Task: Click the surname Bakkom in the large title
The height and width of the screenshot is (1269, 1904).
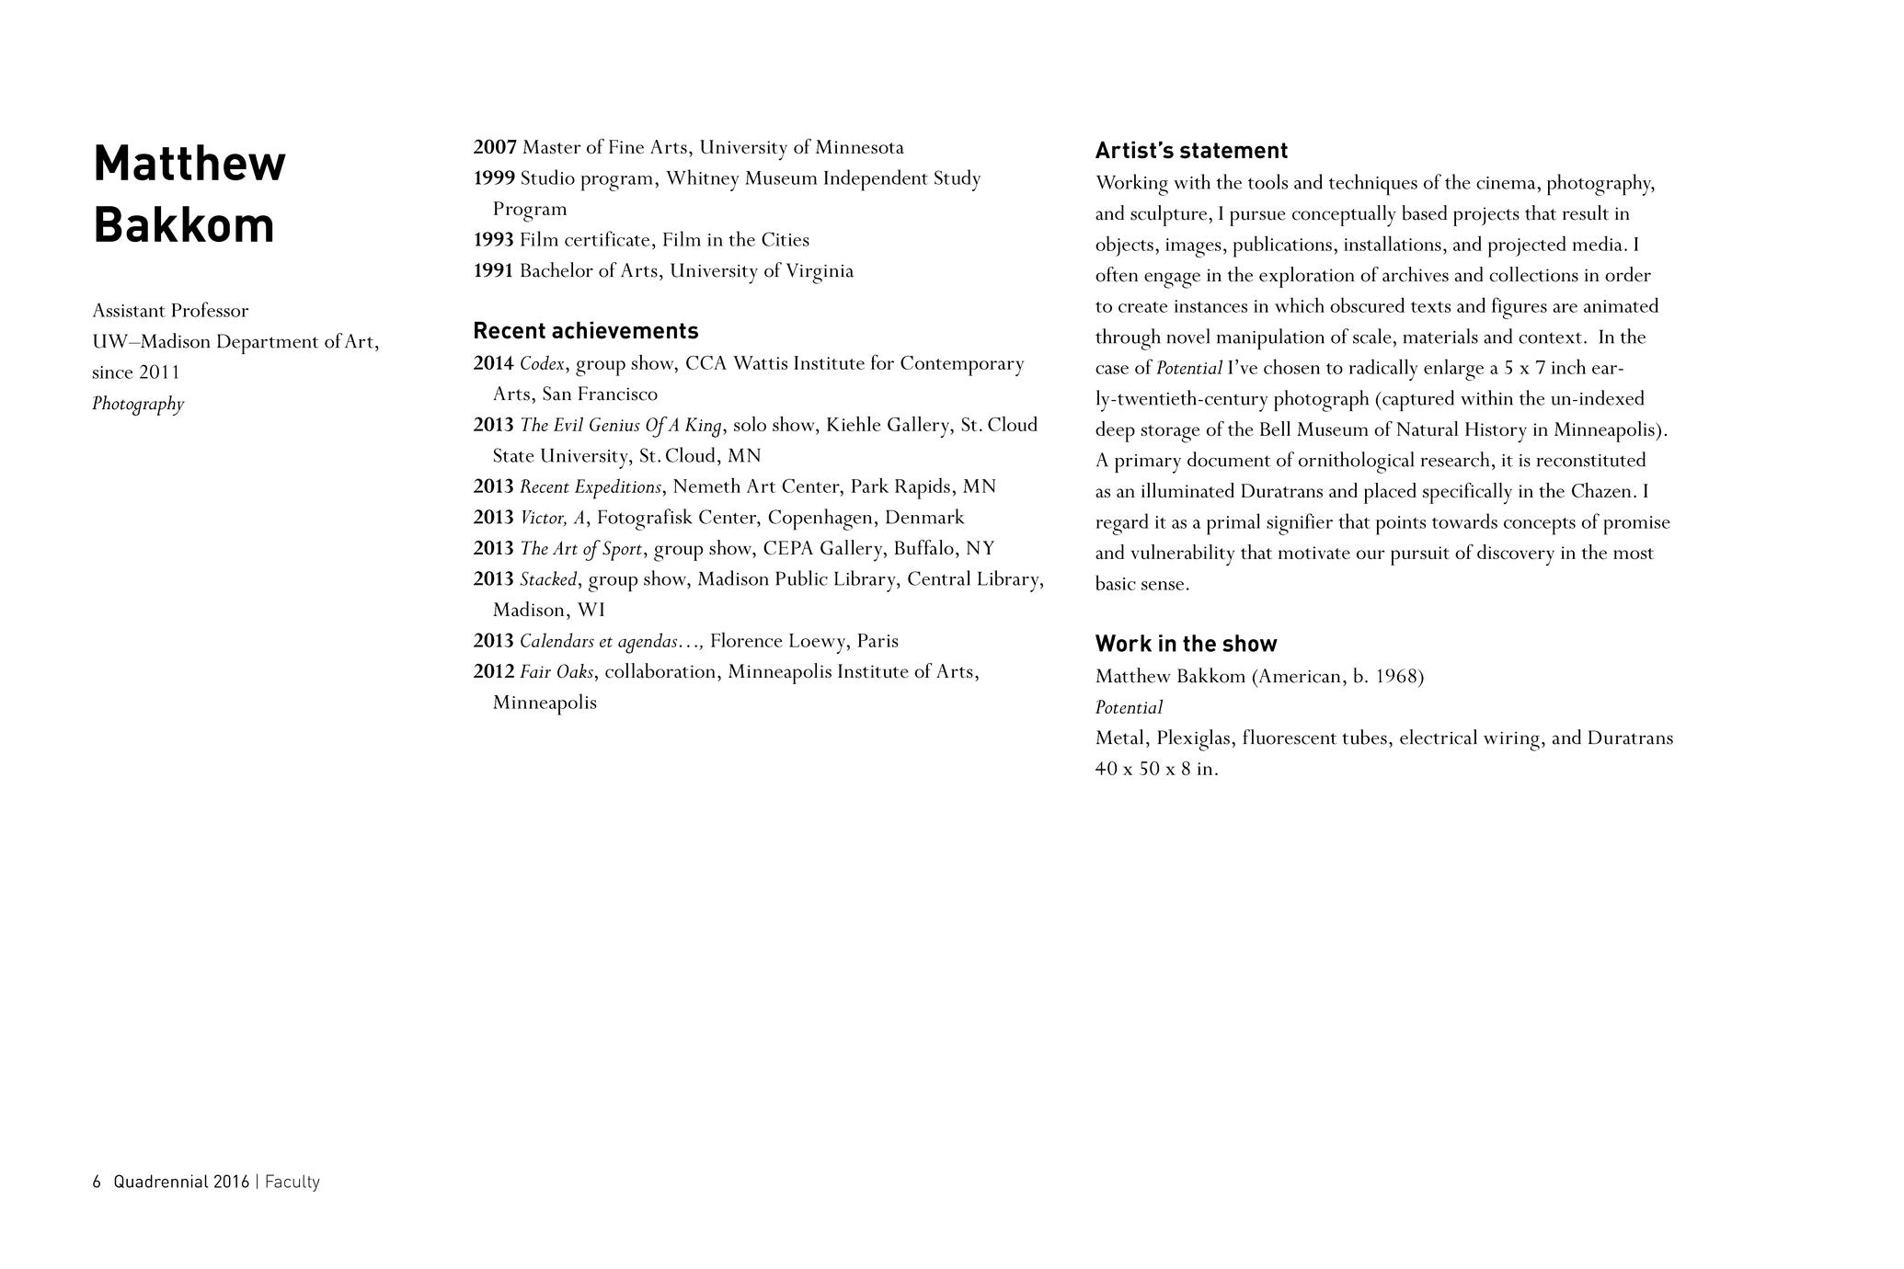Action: [x=184, y=225]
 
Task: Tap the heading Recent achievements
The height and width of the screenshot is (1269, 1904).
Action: [x=585, y=331]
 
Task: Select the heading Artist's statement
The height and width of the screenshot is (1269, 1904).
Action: [x=1191, y=151]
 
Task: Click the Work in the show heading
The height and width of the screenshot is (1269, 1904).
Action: [x=1186, y=644]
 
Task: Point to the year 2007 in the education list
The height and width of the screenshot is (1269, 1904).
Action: [x=495, y=148]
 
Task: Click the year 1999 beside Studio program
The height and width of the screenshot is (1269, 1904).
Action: [x=494, y=178]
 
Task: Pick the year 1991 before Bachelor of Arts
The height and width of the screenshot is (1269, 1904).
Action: [x=493, y=271]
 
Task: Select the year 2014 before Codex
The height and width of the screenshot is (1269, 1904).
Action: [x=493, y=364]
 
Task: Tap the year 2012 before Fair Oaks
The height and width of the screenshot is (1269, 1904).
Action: [x=493, y=672]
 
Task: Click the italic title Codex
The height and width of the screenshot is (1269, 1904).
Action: [x=542, y=364]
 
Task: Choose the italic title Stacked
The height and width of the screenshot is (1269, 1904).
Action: [x=548, y=580]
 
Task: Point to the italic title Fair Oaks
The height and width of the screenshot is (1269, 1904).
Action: [x=556, y=672]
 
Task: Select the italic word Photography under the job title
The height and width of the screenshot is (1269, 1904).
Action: [x=138, y=404]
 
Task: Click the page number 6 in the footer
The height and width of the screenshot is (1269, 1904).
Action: [x=97, y=1183]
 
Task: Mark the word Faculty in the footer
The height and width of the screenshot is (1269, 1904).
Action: [x=292, y=1183]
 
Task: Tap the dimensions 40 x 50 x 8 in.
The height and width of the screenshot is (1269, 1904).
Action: [x=1156, y=770]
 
